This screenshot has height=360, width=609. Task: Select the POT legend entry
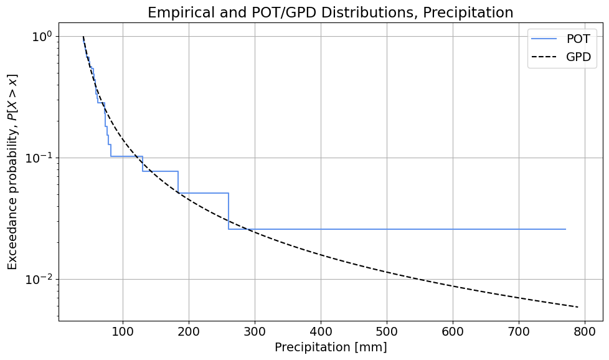click(x=578, y=39)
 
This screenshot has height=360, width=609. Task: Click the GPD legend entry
click(x=578, y=59)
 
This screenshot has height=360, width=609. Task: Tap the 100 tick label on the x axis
click(x=123, y=330)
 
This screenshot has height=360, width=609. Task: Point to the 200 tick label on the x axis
click(x=189, y=330)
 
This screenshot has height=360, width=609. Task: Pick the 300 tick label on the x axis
click(x=255, y=330)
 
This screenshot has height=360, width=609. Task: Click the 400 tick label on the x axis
click(x=321, y=330)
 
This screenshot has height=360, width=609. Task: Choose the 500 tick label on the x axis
click(x=387, y=330)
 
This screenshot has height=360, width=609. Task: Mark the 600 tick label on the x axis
click(x=453, y=330)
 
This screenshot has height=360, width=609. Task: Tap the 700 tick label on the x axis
click(x=519, y=330)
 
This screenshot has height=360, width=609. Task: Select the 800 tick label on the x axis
click(x=585, y=330)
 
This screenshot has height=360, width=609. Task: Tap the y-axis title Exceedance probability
click(x=12, y=172)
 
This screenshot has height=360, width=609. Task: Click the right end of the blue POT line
click(x=565, y=229)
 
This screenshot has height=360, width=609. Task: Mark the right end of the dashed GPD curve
click(x=578, y=307)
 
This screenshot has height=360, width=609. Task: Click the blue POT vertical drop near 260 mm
click(x=229, y=211)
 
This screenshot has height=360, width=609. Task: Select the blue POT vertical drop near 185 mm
click(x=178, y=182)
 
